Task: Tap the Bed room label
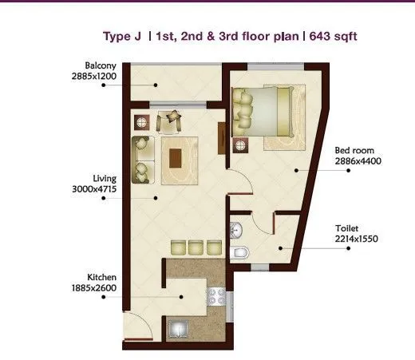point(351,150)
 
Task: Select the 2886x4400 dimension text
point(357,160)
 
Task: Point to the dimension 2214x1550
point(357,238)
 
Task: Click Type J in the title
point(121,36)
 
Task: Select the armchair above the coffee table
point(170,121)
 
